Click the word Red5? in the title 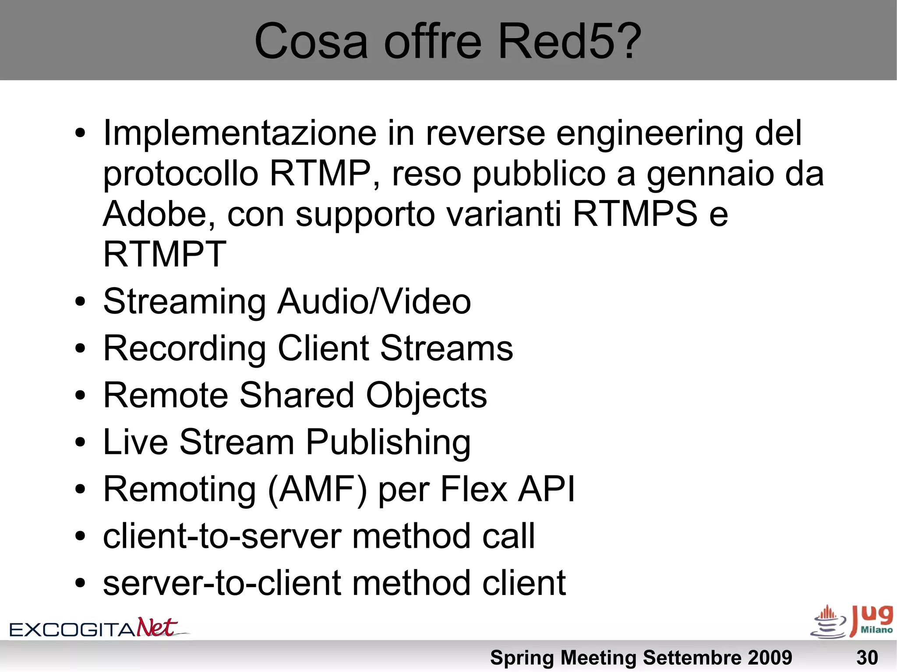(569, 42)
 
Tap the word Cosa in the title (311, 42)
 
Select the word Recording (184, 349)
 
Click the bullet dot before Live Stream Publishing (80, 443)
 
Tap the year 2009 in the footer (770, 658)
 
